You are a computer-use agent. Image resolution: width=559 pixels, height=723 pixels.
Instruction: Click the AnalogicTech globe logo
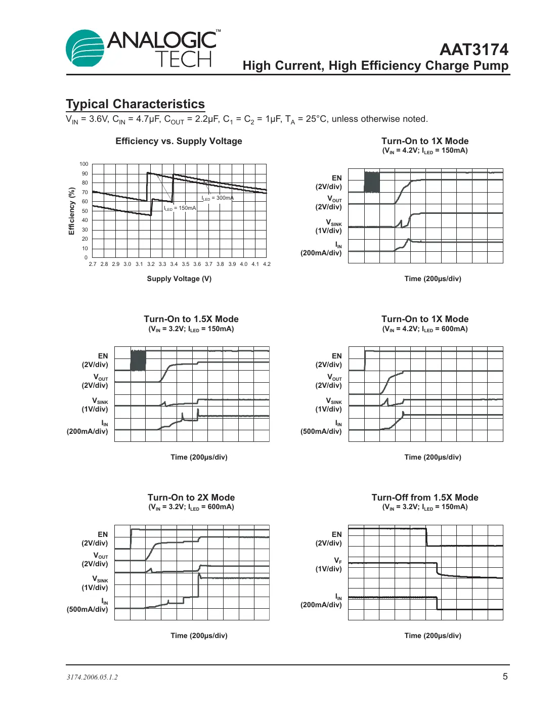pyautogui.click(x=85, y=48)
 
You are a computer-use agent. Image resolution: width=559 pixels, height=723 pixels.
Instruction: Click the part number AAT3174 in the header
pyautogui.click(x=474, y=50)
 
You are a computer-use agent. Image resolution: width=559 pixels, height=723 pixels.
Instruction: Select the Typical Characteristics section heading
pyautogui.click(x=135, y=104)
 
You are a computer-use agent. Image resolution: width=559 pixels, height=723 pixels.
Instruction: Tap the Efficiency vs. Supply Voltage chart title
pyautogui.click(x=179, y=141)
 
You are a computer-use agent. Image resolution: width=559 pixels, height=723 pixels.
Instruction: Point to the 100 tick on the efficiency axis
pyautogui.click(x=84, y=164)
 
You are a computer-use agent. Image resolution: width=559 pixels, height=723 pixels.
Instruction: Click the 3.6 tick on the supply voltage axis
pyautogui.click(x=197, y=264)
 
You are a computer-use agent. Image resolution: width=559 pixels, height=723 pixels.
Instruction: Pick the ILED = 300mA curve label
pyautogui.click(x=218, y=198)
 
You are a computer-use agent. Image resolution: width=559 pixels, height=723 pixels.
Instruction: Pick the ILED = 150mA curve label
pyautogui.click(x=180, y=208)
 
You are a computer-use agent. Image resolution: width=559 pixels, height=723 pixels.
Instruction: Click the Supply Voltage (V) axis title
pyautogui.click(x=179, y=279)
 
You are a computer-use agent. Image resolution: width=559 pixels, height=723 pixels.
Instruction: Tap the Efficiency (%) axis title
pyautogui.click(x=72, y=211)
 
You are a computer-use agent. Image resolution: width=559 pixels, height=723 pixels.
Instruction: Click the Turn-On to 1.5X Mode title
pyautogui.click(x=191, y=319)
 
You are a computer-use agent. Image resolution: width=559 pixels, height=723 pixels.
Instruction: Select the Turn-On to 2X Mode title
pyautogui.click(x=191, y=498)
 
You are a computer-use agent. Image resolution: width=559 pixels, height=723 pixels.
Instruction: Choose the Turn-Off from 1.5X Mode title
pyautogui.click(x=425, y=498)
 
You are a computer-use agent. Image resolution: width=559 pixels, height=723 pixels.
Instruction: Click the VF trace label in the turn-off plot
pyautogui.click(x=338, y=561)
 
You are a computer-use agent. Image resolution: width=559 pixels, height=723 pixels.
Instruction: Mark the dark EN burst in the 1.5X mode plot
pyautogui.click(x=138, y=360)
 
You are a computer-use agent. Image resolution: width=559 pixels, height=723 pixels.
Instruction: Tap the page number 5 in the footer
pyautogui.click(x=505, y=676)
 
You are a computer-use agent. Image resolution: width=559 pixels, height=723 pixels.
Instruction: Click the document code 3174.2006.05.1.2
pyautogui.click(x=92, y=677)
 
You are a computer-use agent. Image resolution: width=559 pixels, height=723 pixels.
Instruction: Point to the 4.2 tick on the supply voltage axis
pyautogui.click(x=267, y=264)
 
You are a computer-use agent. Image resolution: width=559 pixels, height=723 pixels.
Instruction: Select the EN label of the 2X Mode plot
pyautogui.click(x=103, y=534)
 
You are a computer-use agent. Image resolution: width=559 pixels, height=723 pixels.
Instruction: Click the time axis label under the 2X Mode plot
pyautogui.click(x=199, y=636)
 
